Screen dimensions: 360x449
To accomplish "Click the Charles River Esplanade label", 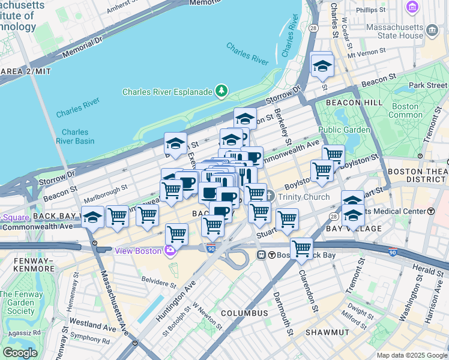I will (x=167, y=92).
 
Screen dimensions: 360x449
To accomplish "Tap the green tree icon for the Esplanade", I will (x=222, y=91).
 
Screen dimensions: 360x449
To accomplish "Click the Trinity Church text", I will (x=303, y=197).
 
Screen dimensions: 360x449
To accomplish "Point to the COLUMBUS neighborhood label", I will (x=244, y=313).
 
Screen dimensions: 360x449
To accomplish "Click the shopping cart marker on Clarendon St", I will (x=301, y=247).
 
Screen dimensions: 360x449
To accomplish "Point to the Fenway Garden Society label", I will (x=17, y=302).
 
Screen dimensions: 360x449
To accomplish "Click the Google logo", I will (x=20, y=353).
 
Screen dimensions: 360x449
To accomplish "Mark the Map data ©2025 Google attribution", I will (x=411, y=355).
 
